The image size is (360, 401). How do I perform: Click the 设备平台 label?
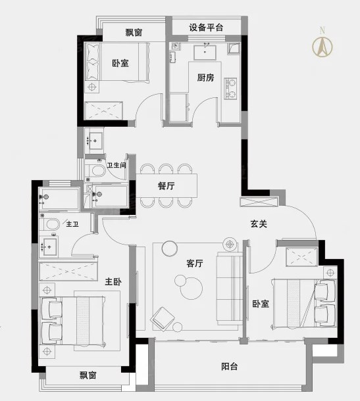click(206, 28)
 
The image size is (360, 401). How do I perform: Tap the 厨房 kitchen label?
click(205, 77)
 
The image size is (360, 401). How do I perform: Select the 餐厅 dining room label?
click(166, 186)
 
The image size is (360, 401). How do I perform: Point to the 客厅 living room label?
click(195, 263)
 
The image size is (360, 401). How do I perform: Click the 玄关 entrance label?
click(259, 224)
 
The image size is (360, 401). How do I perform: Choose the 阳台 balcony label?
click(229, 366)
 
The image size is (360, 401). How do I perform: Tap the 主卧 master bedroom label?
click(113, 281)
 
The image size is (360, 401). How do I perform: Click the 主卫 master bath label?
click(72, 224)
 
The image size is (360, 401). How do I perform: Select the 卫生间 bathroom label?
click(116, 165)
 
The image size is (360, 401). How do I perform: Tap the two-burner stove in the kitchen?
click(230, 89)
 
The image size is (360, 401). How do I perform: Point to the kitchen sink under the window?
click(205, 53)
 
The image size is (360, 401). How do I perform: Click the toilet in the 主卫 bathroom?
click(51, 224)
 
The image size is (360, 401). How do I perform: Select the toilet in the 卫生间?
click(96, 170)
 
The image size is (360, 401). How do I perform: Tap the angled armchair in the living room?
click(163, 319)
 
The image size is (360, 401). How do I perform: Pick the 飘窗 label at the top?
click(134, 32)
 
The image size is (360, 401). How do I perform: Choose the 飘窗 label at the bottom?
click(88, 375)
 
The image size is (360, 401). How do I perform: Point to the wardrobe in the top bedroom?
click(103, 110)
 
